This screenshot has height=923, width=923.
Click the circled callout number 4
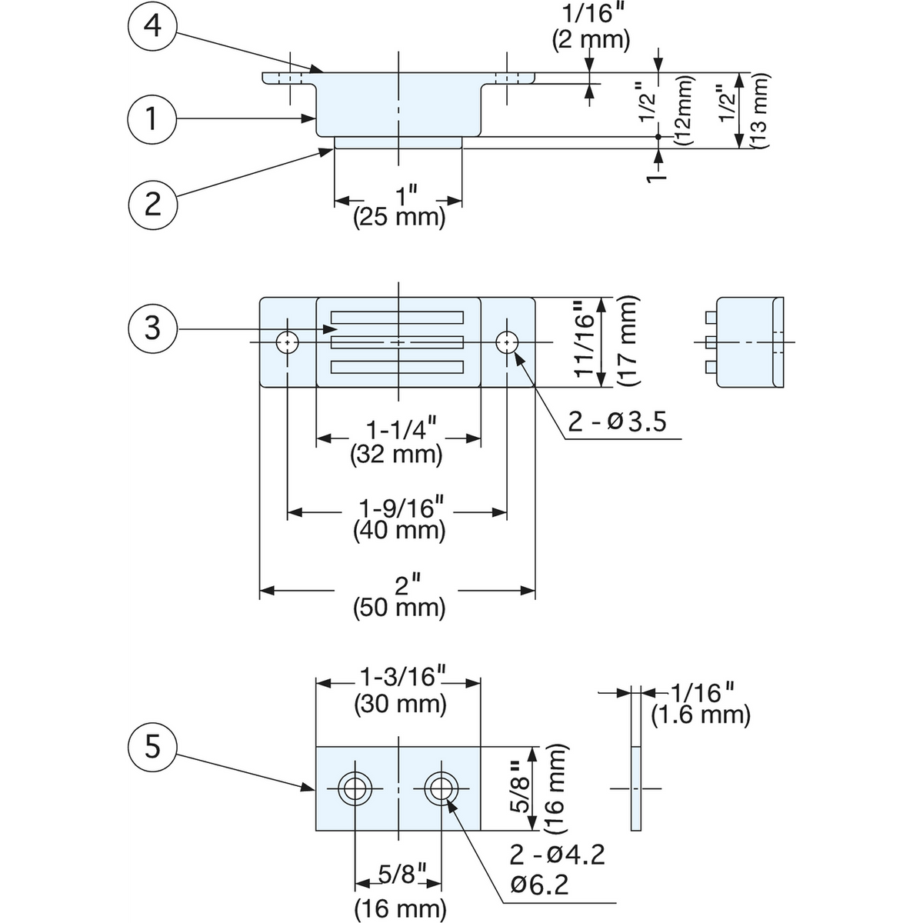click(x=152, y=25)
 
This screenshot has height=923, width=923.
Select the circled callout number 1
click(x=152, y=118)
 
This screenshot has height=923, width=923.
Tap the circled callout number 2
click(x=152, y=205)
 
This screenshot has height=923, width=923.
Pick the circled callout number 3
click(x=152, y=329)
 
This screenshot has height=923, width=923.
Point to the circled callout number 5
click(x=152, y=747)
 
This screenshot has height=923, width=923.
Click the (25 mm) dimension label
click(x=399, y=218)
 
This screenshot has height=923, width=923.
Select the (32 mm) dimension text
click(x=396, y=455)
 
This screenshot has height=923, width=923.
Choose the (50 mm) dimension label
click(x=399, y=608)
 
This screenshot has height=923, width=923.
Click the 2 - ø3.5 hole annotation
click(x=617, y=422)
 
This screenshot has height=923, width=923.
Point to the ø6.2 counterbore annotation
click(x=539, y=885)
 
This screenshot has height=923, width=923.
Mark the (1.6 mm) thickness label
click(x=700, y=715)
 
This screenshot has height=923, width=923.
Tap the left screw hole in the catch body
click(x=287, y=342)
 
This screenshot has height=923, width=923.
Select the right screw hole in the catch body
click(x=507, y=342)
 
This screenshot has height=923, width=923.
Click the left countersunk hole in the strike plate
click(x=355, y=788)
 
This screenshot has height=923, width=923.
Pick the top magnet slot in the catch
click(x=397, y=318)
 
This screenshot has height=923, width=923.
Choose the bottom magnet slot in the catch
click(x=397, y=367)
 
